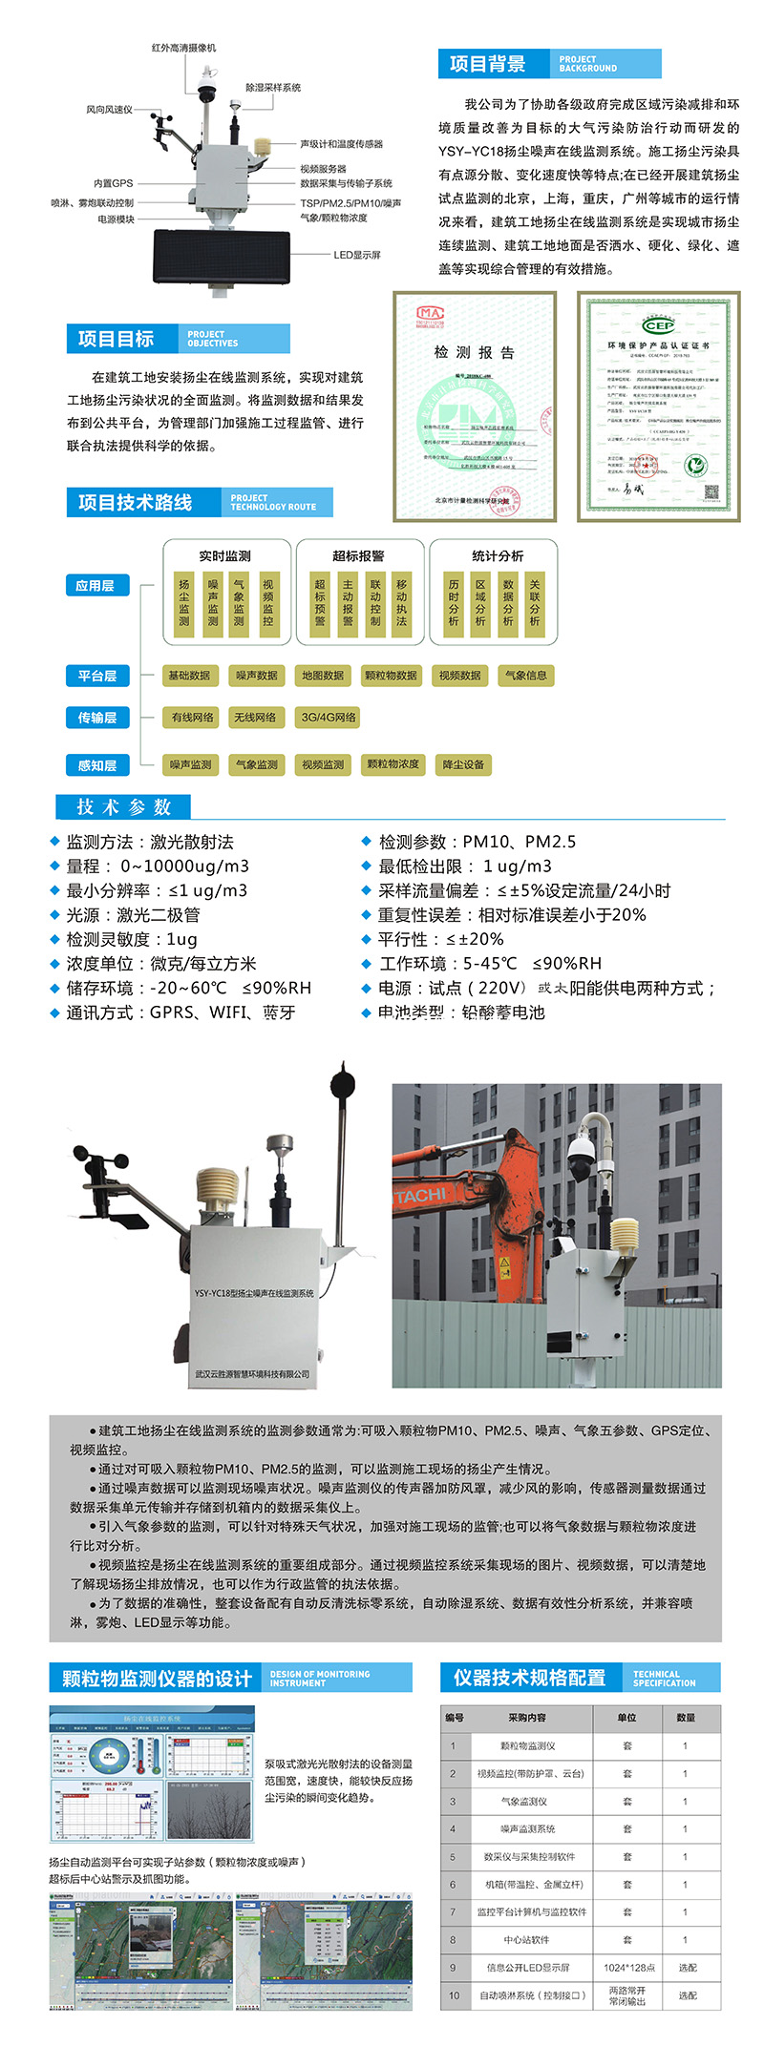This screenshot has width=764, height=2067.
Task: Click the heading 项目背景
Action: [x=487, y=64]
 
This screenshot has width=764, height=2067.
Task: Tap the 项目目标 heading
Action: [x=116, y=339]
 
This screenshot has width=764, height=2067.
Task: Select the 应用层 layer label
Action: [x=95, y=586]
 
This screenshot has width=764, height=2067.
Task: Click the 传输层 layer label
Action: [x=96, y=718]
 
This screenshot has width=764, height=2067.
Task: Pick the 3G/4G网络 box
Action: [x=329, y=718]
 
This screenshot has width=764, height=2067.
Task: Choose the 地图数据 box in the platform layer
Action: [x=323, y=676]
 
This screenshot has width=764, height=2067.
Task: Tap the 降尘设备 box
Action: [x=463, y=764]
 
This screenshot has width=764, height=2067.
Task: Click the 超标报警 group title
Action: [x=358, y=555]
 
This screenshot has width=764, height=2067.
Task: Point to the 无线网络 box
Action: [x=255, y=718]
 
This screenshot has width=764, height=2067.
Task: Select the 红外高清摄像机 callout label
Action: [x=183, y=48]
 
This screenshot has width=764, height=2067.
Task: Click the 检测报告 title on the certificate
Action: [x=474, y=352]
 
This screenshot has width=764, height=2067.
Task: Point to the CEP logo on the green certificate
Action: [x=658, y=325]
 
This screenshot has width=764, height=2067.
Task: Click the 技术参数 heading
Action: [x=123, y=807]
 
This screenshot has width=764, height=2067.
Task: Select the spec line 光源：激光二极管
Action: [x=133, y=915]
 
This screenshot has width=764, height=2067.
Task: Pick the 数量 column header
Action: [x=685, y=1718]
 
